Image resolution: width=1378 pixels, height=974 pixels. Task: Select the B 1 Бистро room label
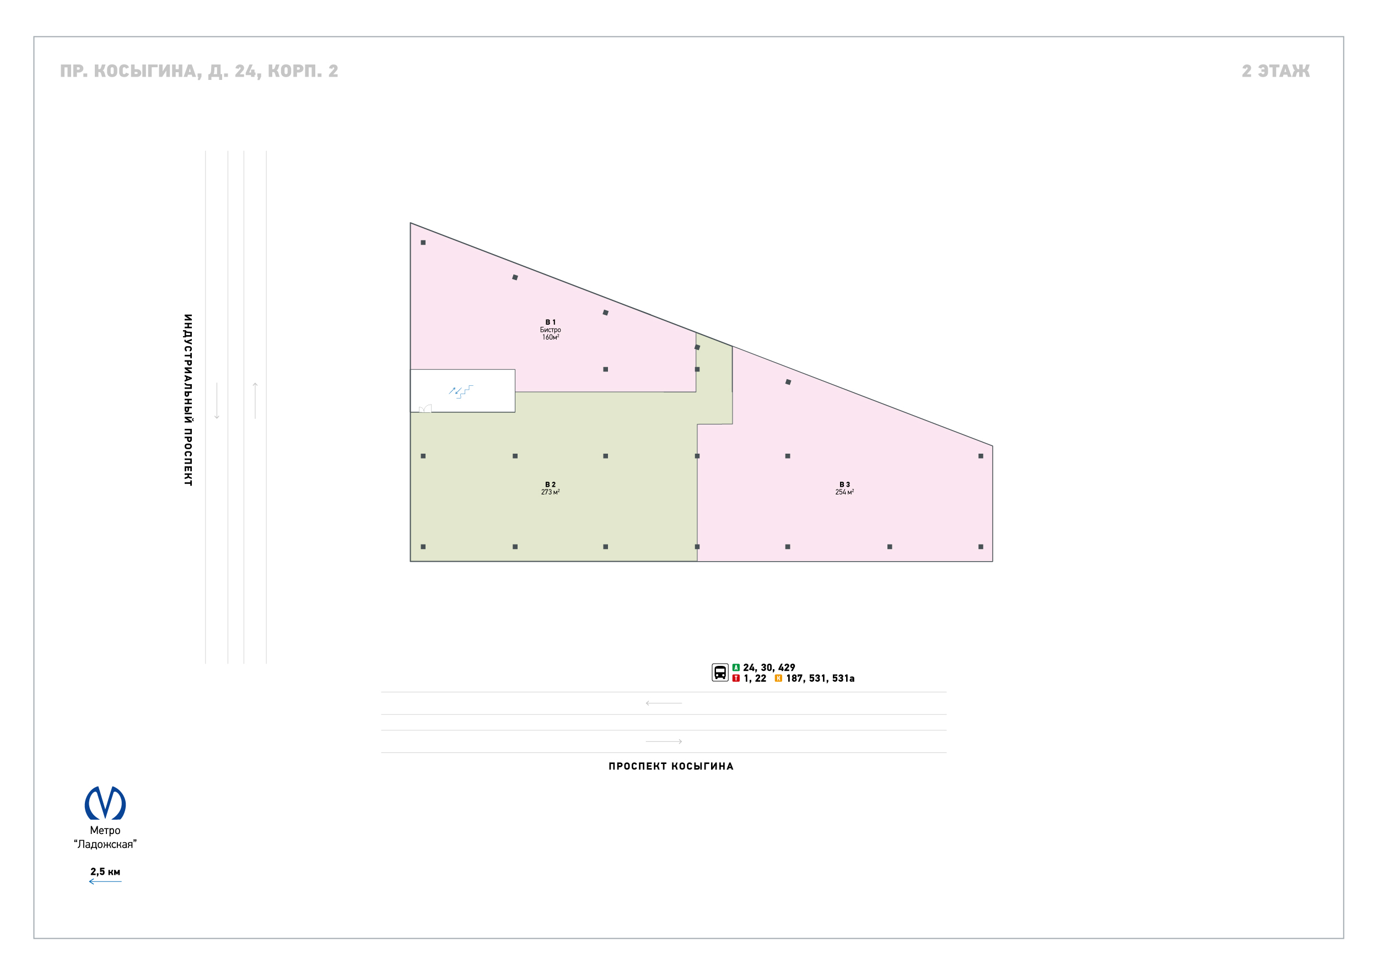(550, 330)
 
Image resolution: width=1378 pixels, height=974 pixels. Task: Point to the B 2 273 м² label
(550, 488)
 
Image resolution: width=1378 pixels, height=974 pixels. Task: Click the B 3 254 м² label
(844, 488)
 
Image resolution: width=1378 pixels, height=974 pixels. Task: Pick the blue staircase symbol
(461, 391)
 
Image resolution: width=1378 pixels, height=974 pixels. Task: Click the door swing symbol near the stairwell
(425, 408)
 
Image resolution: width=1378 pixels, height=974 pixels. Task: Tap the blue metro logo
(105, 803)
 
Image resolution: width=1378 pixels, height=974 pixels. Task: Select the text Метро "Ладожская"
(105, 837)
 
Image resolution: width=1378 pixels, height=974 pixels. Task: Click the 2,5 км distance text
(105, 871)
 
